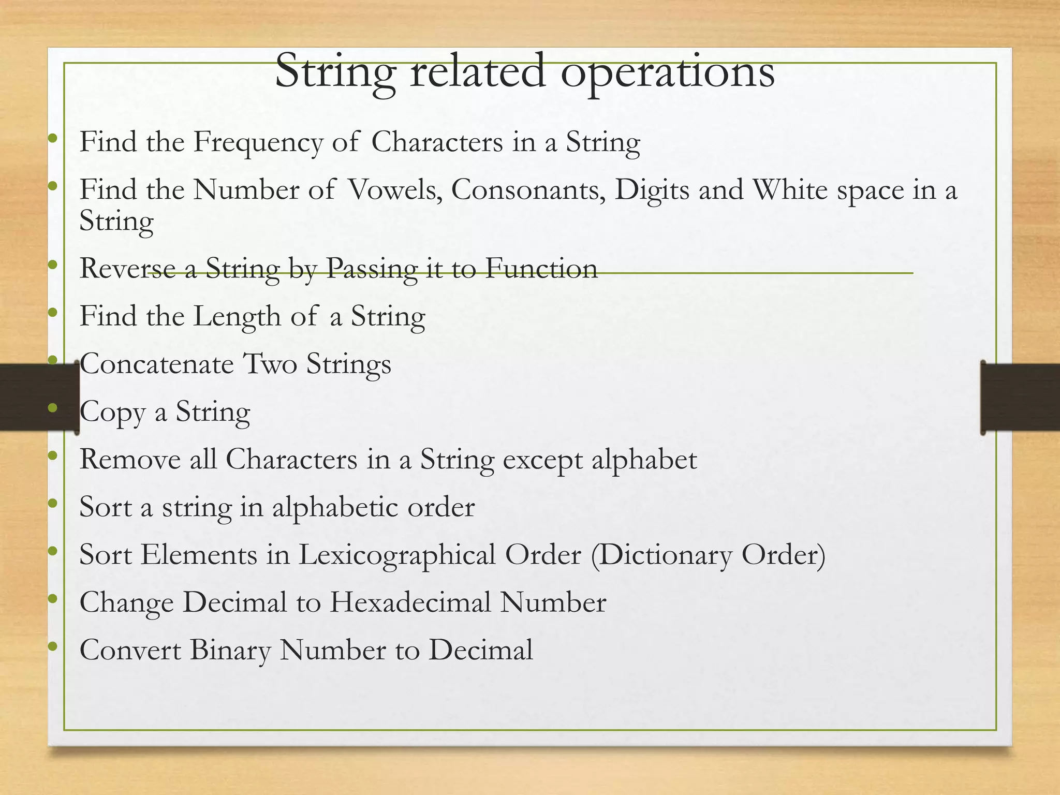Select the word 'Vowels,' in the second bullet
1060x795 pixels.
click(x=395, y=190)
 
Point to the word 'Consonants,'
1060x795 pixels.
click(x=528, y=190)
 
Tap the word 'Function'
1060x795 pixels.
click(x=541, y=269)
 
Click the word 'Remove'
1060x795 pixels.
click(x=130, y=460)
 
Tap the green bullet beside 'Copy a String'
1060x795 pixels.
click(x=52, y=408)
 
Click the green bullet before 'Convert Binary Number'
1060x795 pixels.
click(x=52, y=646)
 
